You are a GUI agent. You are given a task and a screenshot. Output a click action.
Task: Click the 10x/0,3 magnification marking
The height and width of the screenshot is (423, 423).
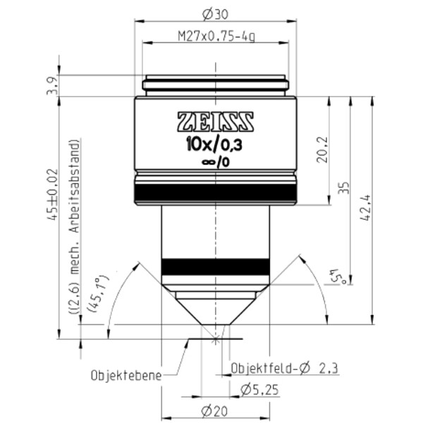(x=214, y=146)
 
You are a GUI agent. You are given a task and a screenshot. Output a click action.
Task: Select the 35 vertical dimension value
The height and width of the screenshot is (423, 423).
(x=343, y=187)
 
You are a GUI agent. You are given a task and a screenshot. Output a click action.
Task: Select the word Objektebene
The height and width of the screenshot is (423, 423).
(x=125, y=374)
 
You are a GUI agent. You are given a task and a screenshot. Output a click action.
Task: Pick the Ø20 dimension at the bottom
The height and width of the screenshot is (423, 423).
(x=214, y=411)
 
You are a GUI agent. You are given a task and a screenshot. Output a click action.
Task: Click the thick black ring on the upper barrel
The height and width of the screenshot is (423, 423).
(x=214, y=192)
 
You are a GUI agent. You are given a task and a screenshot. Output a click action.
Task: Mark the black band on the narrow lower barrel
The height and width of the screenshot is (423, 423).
(x=215, y=266)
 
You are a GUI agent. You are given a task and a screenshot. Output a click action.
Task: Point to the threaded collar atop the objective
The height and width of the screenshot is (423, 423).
(x=215, y=85)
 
